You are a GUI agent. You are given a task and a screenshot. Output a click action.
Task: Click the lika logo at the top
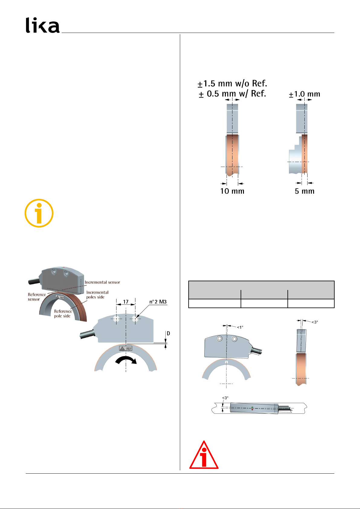[43, 25]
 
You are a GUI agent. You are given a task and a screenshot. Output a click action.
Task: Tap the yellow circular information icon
[39, 213]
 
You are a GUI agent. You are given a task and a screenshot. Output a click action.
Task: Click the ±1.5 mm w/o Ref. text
[232, 84]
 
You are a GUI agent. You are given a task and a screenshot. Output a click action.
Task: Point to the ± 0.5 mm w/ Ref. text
[232, 94]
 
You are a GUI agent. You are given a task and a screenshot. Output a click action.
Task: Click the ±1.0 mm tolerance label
[304, 94]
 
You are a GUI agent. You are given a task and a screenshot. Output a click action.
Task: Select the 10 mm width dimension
[232, 191]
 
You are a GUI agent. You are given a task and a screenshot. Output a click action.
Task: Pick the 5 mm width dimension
[304, 191]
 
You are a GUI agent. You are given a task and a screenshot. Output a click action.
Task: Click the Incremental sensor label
[102, 282]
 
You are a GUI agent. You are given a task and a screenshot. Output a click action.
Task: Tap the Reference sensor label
[37, 297]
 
